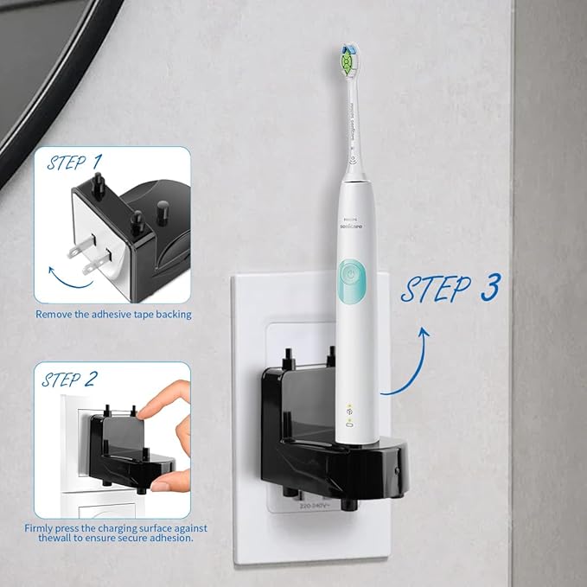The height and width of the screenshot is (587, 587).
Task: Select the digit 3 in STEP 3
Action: pyautogui.click(x=489, y=288)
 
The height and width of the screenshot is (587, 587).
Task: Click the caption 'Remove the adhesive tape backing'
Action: pyautogui.click(x=113, y=314)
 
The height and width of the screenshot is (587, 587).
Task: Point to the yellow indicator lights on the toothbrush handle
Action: pyautogui.click(x=349, y=409)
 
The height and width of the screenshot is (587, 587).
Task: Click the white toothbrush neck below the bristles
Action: pyautogui.click(x=353, y=121)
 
